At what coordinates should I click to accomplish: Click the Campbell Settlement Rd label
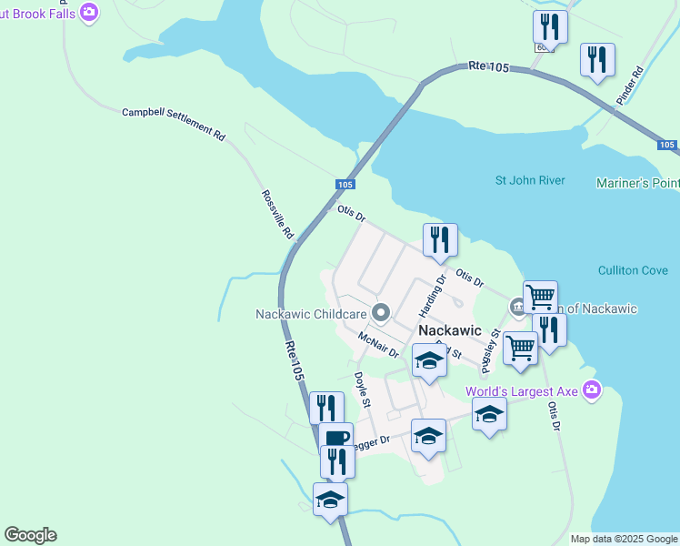point(173,124)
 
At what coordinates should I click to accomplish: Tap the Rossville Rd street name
point(277,215)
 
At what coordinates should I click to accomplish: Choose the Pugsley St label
point(491,352)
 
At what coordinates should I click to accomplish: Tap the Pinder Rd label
point(629,86)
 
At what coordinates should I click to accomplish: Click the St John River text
point(530,180)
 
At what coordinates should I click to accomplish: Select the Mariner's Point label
point(637,183)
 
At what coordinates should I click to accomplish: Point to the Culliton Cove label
point(633,270)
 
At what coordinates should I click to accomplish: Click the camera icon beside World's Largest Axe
point(593,390)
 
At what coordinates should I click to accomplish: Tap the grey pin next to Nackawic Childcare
point(381,314)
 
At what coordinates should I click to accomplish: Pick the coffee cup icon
point(335,438)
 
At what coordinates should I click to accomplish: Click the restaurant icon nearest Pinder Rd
point(597,60)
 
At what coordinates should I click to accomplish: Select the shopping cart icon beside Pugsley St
point(520,347)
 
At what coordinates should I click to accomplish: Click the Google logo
point(30,535)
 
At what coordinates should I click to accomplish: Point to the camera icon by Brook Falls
point(89,12)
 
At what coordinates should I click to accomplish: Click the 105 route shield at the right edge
point(666,145)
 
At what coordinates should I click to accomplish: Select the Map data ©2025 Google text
point(624,539)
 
